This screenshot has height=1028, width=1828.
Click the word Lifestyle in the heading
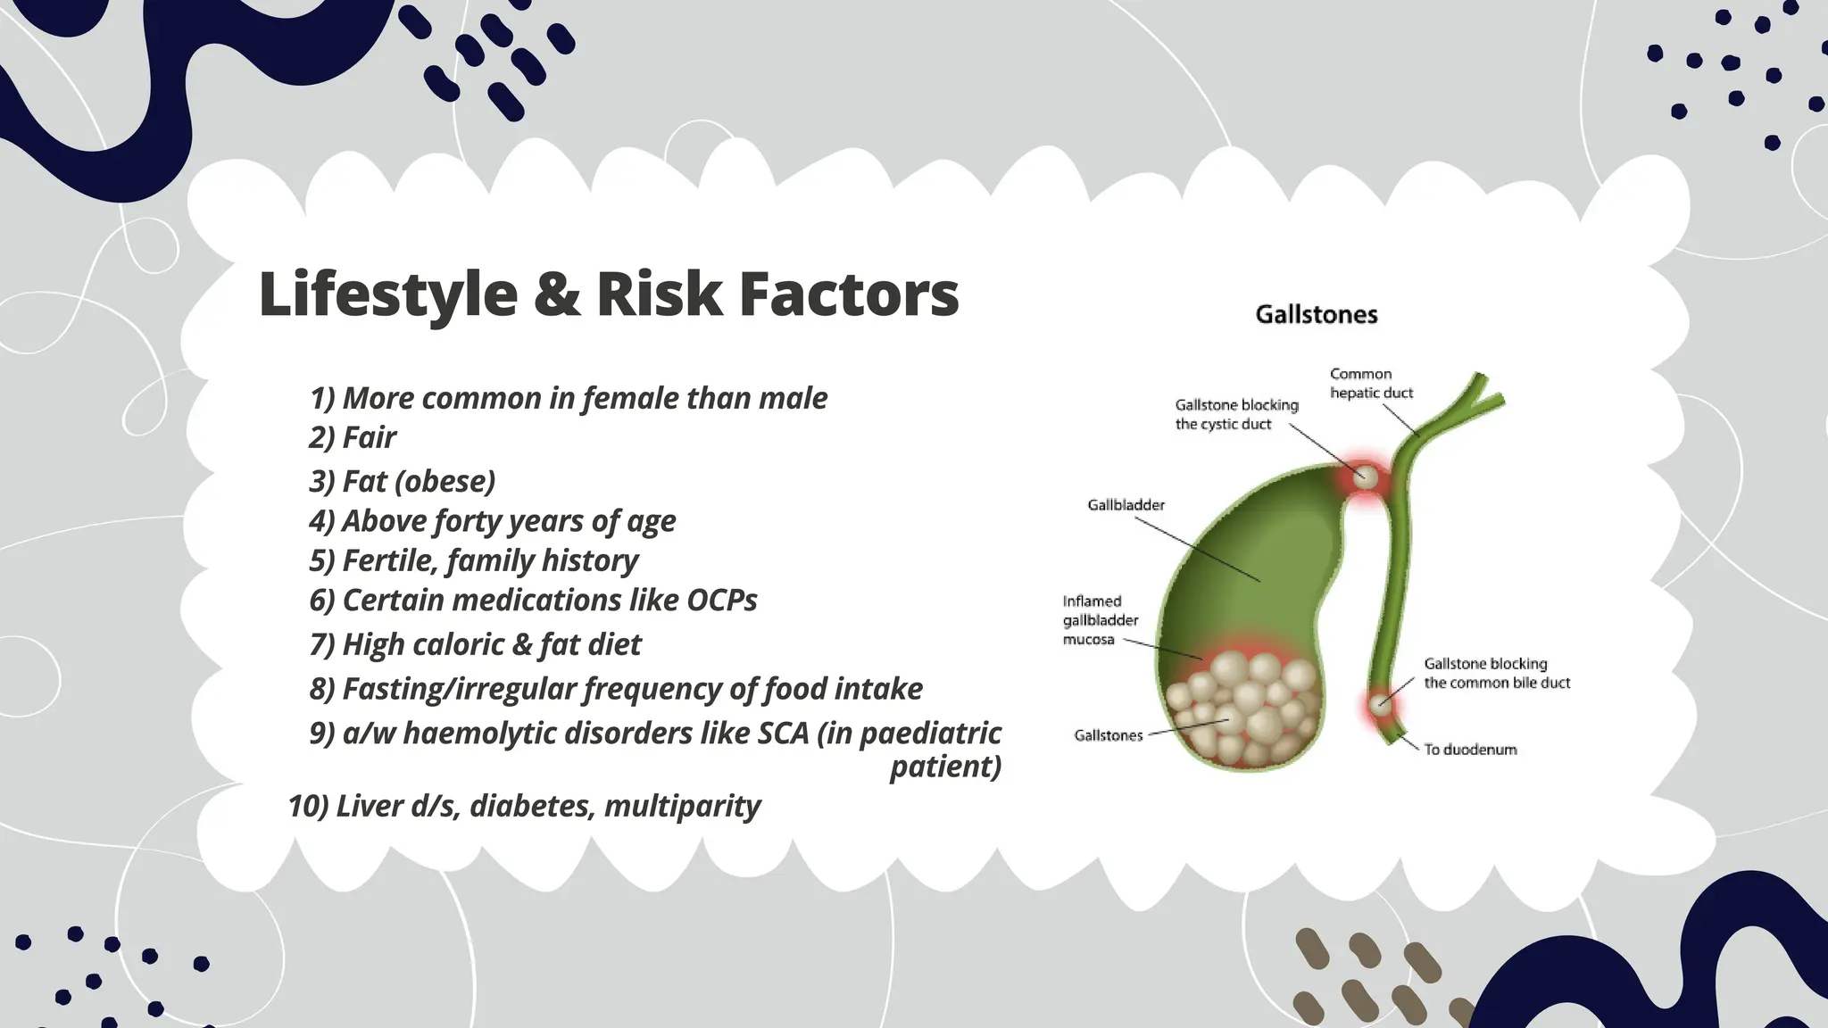(387, 294)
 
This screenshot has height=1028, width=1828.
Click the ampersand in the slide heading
(556, 294)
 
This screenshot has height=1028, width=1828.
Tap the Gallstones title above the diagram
(1316, 314)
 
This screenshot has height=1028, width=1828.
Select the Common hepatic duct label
(1371, 383)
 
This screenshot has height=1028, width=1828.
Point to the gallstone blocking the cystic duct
(1364, 477)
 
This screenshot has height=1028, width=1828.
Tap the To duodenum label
(1469, 750)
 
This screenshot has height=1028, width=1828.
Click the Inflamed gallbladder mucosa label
(1100, 620)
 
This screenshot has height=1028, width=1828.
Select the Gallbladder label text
(1126, 505)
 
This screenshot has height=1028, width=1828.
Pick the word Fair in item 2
(370, 437)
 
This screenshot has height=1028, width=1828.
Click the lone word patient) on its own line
(945, 767)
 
